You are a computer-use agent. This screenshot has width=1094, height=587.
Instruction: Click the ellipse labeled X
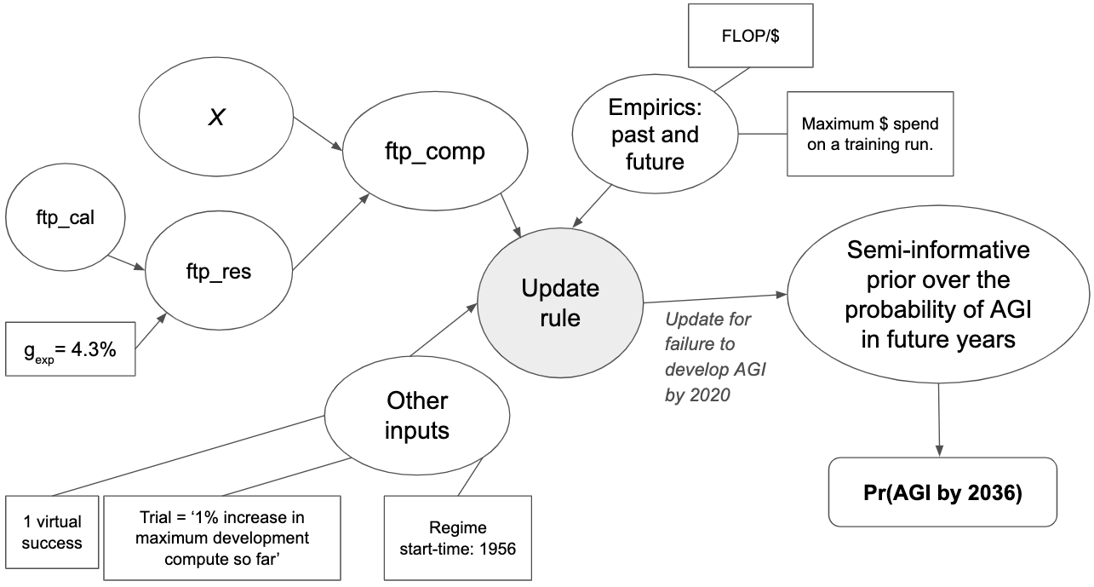pyautogui.click(x=217, y=118)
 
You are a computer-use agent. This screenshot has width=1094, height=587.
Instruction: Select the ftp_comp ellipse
pyautogui.click(x=432, y=153)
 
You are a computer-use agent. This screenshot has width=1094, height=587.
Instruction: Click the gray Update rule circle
pyautogui.click(x=560, y=302)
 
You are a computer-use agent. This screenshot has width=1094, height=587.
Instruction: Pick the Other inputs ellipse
pyautogui.click(x=416, y=415)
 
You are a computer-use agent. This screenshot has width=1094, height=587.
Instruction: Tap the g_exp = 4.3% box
pyautogui.click(x=71, y=348)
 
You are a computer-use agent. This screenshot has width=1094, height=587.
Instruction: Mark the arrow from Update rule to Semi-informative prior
pyautogui.click(x=715, y=297)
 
